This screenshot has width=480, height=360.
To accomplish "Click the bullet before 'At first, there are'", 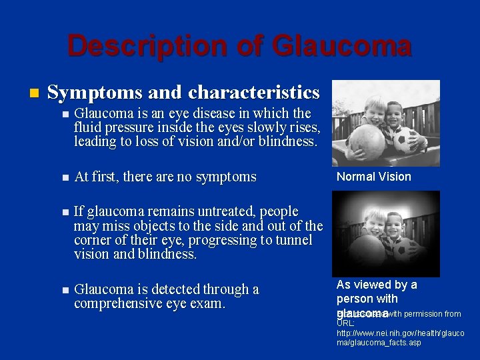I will pos(64,177).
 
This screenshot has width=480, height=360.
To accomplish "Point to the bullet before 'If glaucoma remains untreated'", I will pos(64,213).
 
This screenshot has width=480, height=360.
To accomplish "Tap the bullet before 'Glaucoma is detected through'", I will pos(64,290).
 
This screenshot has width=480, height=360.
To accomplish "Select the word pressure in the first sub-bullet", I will pos(129,127).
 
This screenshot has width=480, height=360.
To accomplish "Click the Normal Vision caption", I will pos(373,177).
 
